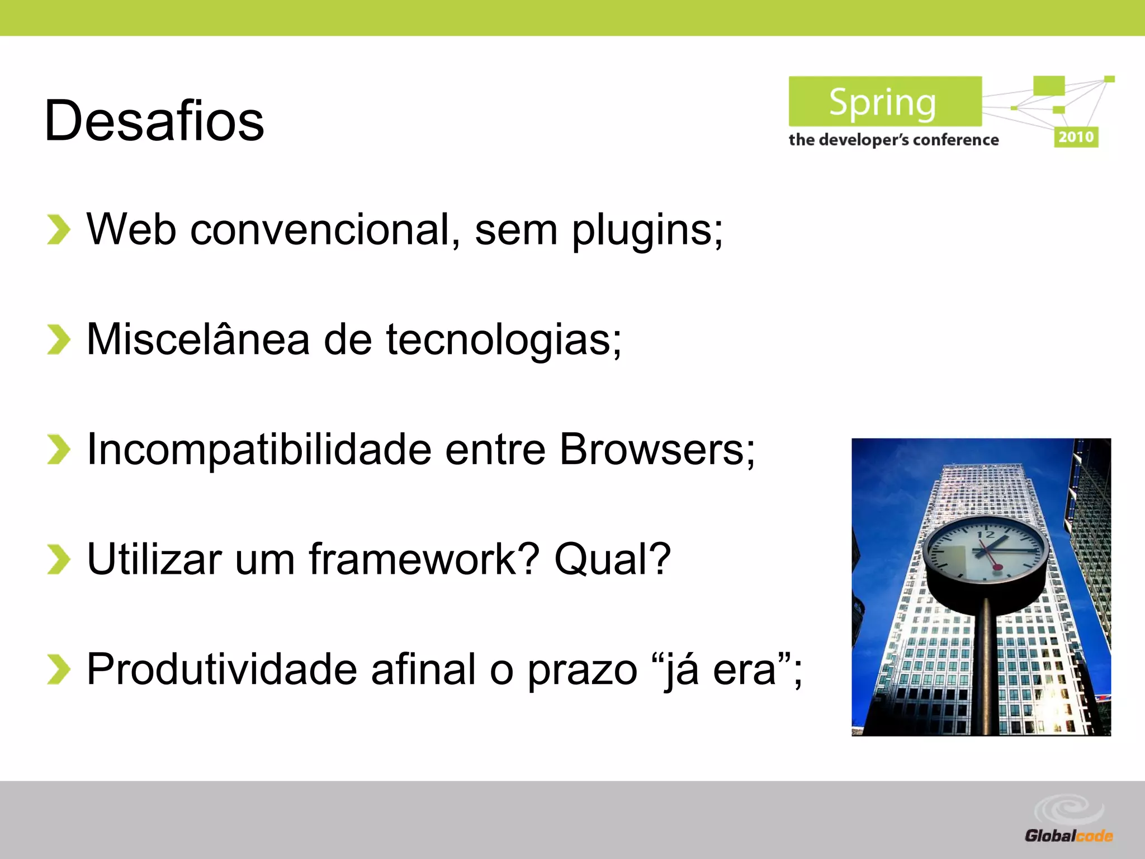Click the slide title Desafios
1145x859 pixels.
coord(154,120)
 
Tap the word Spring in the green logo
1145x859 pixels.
coord(882,103)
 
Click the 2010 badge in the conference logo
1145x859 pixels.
coord(1076,137)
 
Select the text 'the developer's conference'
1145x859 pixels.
coord(893,140)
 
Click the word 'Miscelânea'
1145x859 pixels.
coord(198,339)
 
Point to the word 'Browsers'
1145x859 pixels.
coord(652,449)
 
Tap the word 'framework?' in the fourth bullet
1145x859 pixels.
coord(424,559)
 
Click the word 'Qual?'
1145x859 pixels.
coord(612,559)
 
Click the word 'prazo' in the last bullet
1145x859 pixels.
coord(582,670)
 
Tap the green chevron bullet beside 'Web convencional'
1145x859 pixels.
coord(58,230)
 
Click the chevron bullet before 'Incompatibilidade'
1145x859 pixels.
coord(58,450)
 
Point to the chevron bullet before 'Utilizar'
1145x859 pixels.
coord(58,559)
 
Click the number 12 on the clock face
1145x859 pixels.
coord(986,535)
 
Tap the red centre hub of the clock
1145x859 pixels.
coord(997,568)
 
